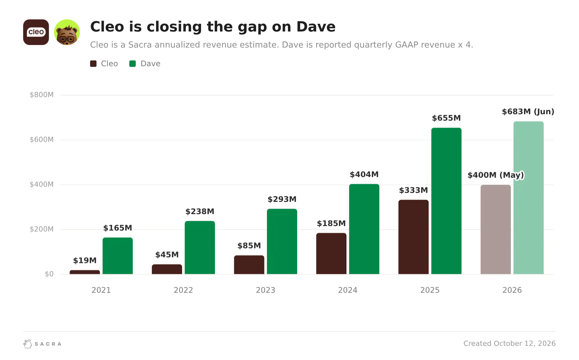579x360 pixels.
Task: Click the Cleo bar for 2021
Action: [x=85, y=272]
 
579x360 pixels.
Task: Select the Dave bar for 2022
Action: [x=200, y=248]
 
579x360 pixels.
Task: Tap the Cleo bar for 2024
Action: [x=331, y=254]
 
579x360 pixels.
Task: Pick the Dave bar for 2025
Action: [x=446, y=201]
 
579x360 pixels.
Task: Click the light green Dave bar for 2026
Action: [x=528, y=198]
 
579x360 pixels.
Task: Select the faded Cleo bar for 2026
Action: [x=496, y=230]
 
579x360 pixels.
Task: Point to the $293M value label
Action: [x=282, y=199]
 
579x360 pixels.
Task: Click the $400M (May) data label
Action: [x=496, y=175]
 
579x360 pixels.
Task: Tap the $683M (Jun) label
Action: [x=528, y=112]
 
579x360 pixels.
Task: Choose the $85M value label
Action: [x=249, y=246]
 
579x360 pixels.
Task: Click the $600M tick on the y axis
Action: [x=41, y=139]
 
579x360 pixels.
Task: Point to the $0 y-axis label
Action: [x=49, y=274]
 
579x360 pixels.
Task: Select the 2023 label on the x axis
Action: [x=265, y=290]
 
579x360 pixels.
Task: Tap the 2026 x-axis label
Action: [x=512, y=290]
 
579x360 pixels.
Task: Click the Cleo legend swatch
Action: [x=93, y=64]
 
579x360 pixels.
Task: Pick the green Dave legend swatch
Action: [x=133, y=64]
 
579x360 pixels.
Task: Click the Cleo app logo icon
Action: [x=36, y=32]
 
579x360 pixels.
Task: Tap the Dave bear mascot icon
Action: [x=67, y=32]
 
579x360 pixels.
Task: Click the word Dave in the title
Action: [x=316, y=27]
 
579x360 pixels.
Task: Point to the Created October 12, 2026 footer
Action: [x=510, y=344]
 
